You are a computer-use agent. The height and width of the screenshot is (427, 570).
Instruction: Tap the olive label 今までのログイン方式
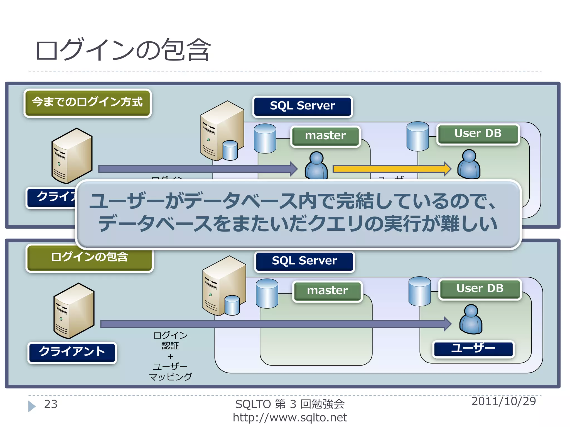pos(87,102)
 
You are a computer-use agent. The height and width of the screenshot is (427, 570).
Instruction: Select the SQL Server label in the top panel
pos(303,106)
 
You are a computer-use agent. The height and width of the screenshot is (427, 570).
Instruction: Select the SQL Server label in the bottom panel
pos(304,261)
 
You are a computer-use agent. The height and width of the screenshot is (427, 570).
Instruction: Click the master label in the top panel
pos(325,136)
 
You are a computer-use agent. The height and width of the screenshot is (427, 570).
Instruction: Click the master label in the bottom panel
pos(327,291)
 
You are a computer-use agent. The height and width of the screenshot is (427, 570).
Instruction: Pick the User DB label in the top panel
pos(478,134)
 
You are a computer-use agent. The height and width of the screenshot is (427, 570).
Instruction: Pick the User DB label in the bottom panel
pos(480,289)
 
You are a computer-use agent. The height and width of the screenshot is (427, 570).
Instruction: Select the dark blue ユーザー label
pos(473,349)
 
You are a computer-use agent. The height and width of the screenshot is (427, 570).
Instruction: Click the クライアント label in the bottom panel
pos(72,352)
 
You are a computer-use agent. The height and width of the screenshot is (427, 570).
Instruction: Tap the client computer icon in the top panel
pos(72,156)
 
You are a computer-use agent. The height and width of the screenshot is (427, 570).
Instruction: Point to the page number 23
pos(51,404)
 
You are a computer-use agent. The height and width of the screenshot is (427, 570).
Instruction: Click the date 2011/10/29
pos(503,401)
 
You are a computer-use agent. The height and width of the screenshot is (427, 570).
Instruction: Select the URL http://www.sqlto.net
pos(290,418)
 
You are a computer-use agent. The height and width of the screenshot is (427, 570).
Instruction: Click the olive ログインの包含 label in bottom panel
pos(89,257)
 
